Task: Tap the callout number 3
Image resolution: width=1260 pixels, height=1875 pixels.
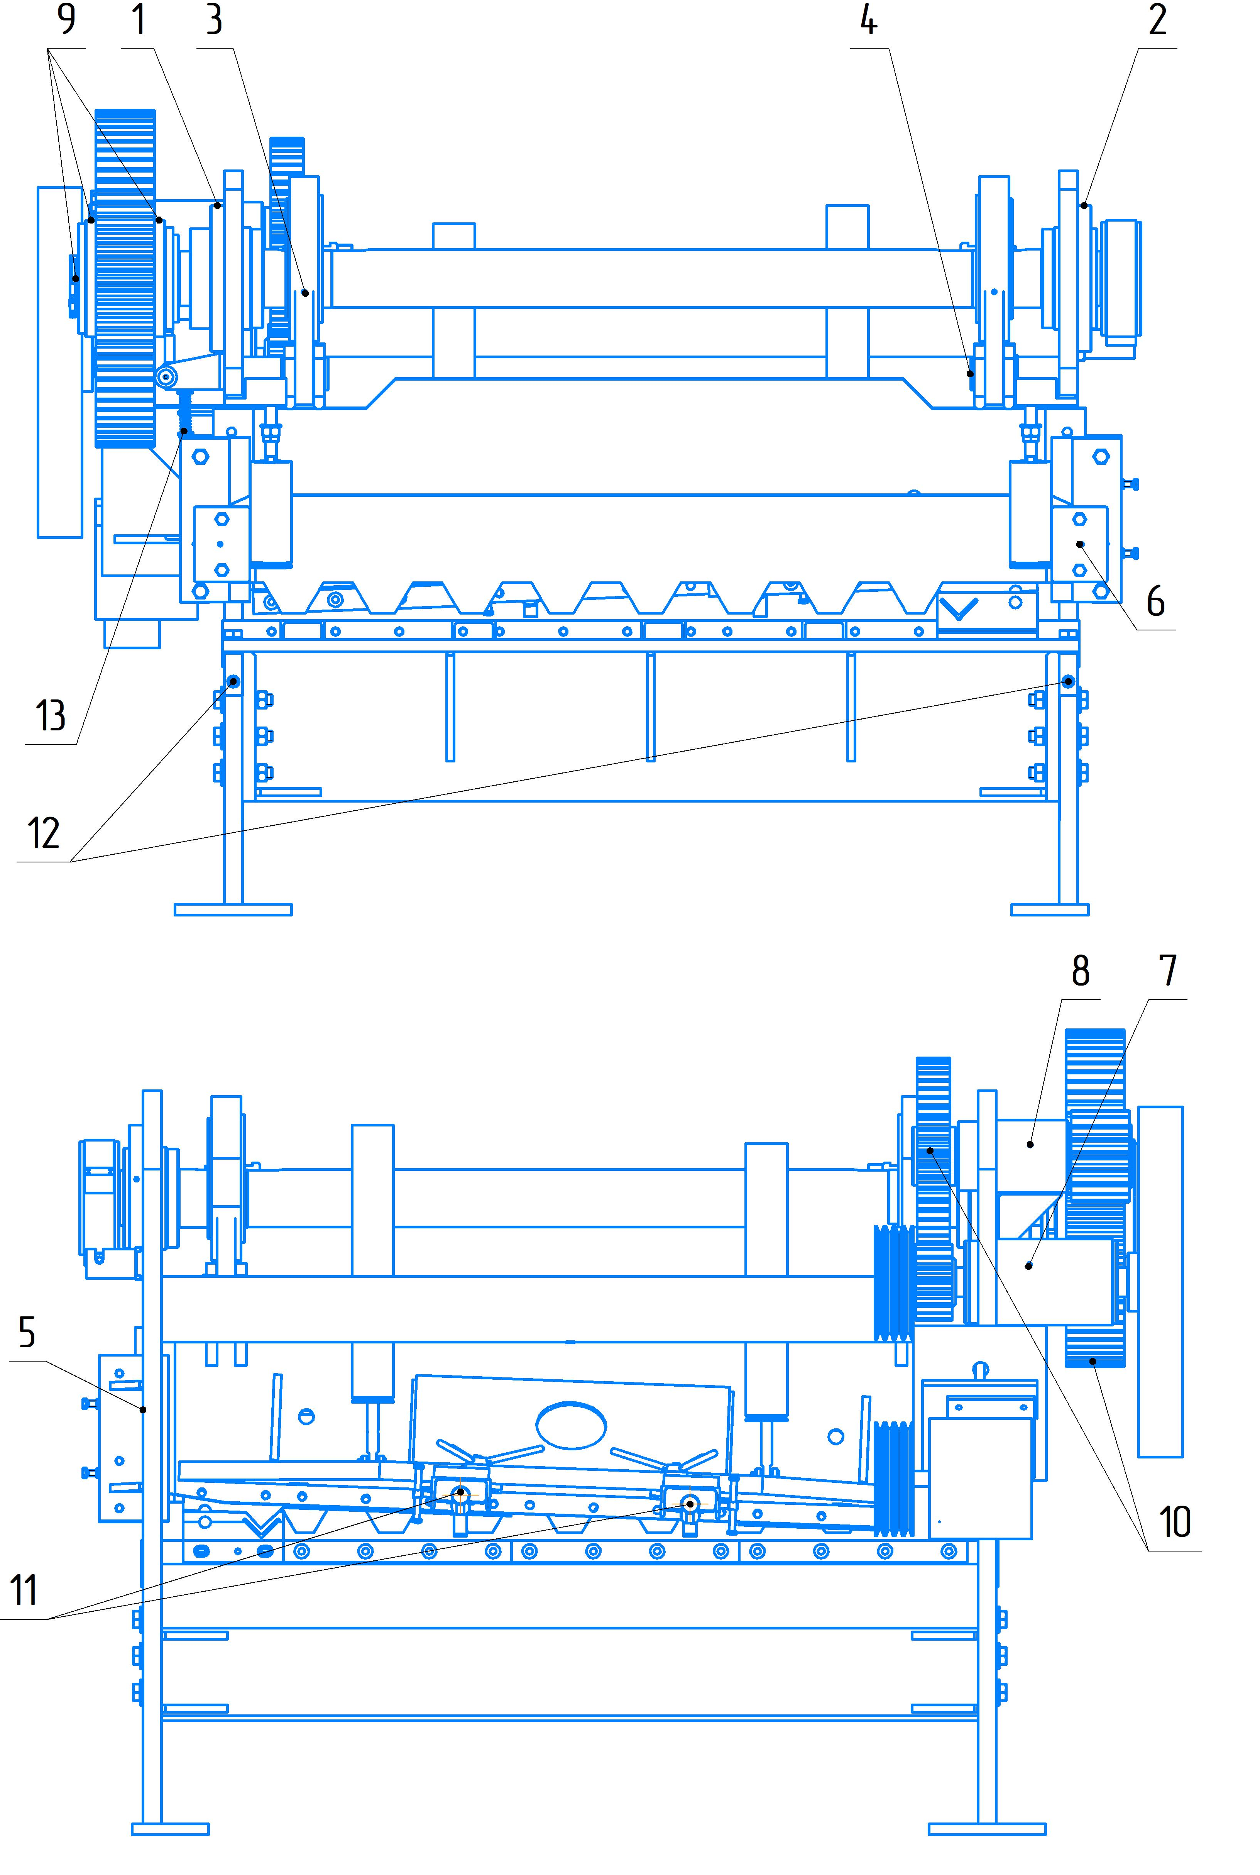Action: pyautogui.click(x=214, y=19)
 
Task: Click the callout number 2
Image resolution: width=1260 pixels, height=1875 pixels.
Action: pyautogui.click(x=1157, y=19)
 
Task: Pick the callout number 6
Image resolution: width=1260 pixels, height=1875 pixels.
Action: pyautogui.click(x=1155, y=601)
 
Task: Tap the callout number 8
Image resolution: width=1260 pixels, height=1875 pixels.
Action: pyautogui.click(x=1081, y=971)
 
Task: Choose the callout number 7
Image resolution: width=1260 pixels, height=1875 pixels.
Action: pyautogui.click(x=1168, y=971)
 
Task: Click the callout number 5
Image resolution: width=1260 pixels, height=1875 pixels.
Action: pyautogui.click(x=27, y=1333)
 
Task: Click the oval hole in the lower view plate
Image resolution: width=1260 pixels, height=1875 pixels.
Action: pyautogui.click(x=571, y=1426)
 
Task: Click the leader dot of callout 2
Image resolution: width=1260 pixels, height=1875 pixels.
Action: pyautogui.click(x=1084, y=206)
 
